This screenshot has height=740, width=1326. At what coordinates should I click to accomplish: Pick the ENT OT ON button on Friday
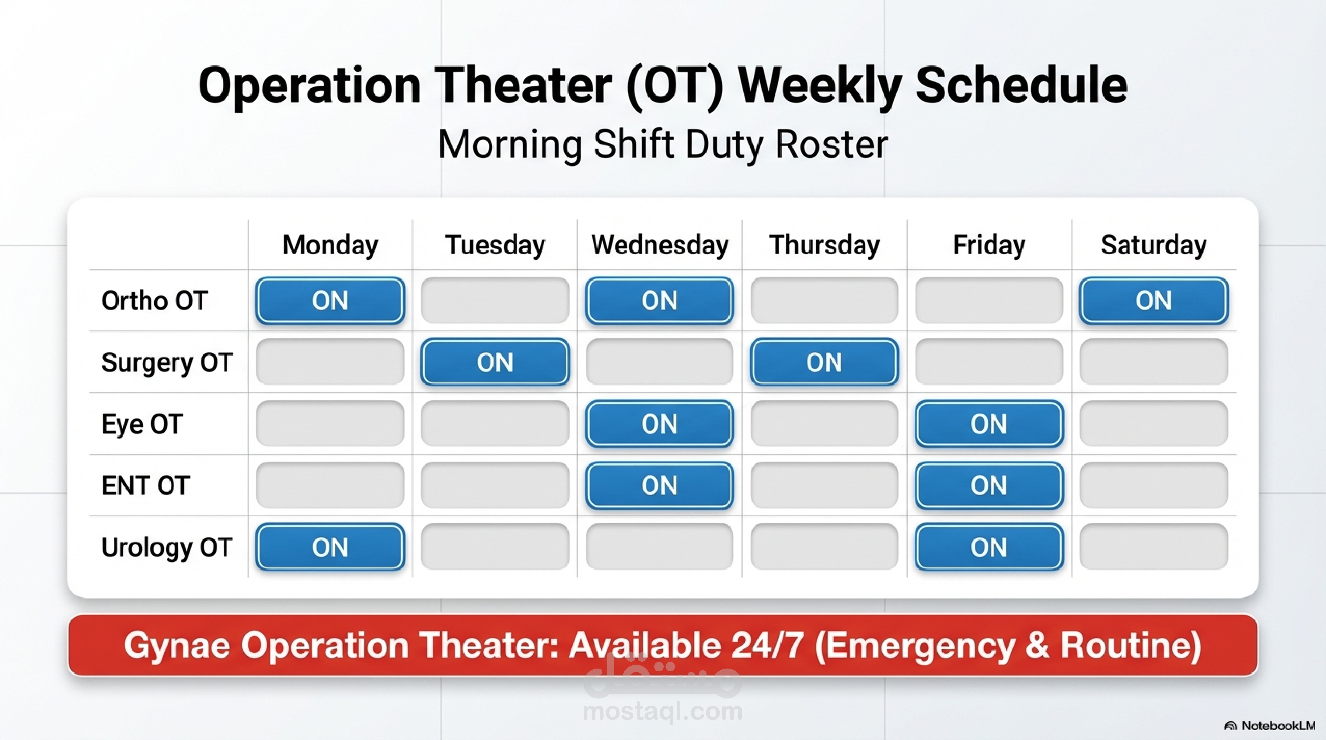click(989, 485)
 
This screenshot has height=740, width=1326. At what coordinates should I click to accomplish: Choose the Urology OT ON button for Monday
click(330, 547)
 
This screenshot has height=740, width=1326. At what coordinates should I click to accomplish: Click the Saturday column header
click(1153, 245)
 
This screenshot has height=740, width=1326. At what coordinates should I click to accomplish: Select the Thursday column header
click(824, 245)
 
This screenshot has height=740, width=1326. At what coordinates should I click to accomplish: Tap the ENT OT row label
click(146, 486)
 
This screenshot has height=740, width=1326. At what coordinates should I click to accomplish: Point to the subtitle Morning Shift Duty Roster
click(663, 145)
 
